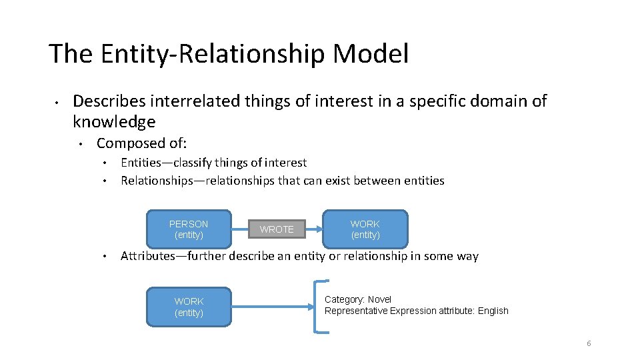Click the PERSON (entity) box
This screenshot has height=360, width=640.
coord(189,229)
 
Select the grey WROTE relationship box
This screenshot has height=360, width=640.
coord(277,229)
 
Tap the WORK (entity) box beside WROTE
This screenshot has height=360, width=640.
coord(365,229)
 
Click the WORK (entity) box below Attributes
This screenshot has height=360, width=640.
coord(189,307)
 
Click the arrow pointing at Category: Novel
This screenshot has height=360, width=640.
coord(313,307)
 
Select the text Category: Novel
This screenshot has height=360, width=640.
coord(358,299)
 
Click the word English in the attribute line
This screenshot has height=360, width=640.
coord(493,311)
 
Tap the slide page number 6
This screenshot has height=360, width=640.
coord(589,343)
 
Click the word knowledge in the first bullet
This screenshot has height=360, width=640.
coord(114,121)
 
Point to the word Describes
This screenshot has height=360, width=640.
coord(109,101)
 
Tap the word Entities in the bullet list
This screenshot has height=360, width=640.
coord(141,162)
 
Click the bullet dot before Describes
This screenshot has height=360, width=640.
coord(59,102)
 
